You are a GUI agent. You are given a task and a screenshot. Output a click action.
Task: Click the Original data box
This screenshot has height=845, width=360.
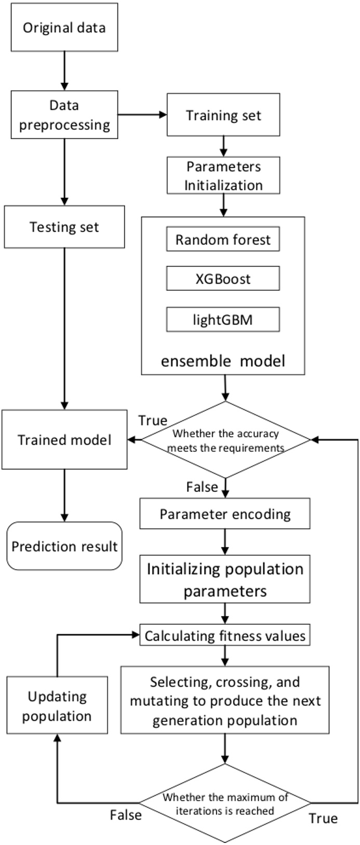click(x=64, y=28)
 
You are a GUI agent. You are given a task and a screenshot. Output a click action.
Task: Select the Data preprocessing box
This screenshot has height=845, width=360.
click(x=64, y=115)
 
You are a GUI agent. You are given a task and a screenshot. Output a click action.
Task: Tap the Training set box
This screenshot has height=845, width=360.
click(x=223, y=115)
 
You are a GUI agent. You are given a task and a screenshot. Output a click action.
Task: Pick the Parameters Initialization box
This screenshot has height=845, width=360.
click(x=223, y=176)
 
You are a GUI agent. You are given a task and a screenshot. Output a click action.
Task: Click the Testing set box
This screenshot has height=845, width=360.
click(x=64, y=227)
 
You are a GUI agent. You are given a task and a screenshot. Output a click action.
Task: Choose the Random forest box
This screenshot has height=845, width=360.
click(x=223, y=239)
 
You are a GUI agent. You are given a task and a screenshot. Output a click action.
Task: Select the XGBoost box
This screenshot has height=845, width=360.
click(x=223, y=279)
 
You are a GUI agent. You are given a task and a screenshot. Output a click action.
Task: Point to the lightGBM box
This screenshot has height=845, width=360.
click(x=223, y=319)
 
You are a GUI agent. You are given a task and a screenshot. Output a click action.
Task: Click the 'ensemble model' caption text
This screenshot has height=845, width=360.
click(x=223, y=360)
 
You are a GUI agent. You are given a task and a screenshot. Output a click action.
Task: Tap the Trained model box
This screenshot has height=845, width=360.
click(x=64, y=440)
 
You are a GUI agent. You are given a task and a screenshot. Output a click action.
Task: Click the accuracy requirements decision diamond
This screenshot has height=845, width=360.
click(x=225, y=440)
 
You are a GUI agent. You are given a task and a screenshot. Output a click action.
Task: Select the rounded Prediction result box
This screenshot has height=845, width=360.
click(x=64, y=546)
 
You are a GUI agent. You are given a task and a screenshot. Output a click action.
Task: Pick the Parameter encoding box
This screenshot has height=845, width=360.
click(x=225, y=514)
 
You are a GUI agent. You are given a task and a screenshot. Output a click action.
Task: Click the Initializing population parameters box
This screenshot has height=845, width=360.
click(x=225, y=580)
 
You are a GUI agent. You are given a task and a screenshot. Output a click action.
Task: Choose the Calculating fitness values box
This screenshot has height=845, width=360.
click(x=225, y=636)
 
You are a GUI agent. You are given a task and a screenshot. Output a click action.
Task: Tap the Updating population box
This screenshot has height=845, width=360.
click(x=57, y=706)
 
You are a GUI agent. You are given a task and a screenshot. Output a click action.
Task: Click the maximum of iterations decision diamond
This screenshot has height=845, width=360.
click(x=225, y=803)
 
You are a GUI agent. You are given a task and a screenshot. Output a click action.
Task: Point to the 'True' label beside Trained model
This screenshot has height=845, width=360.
click(x=153, y=420)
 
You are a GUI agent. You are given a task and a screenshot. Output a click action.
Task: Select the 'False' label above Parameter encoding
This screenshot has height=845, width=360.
click(x=202, y=487)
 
